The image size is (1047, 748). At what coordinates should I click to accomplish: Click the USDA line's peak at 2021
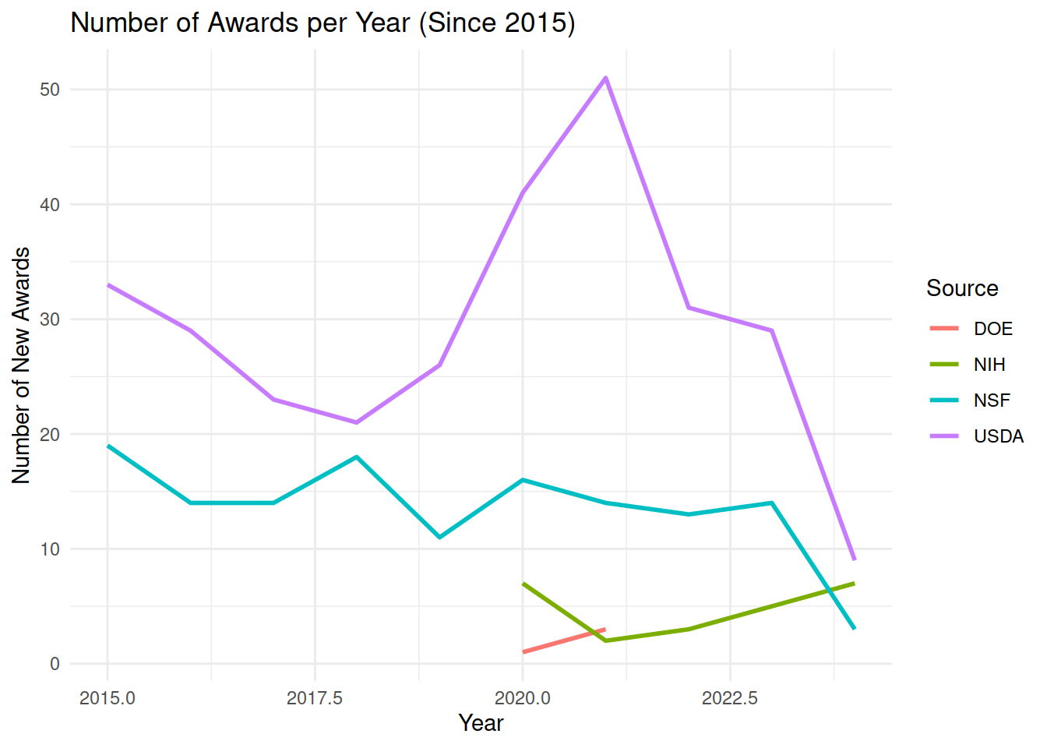pos(605,78)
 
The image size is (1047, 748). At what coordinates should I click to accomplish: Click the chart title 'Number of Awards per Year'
pos(323,23)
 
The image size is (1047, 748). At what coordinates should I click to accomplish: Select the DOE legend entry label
pos(992,329)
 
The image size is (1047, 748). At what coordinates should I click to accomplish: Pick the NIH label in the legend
pos(989,365)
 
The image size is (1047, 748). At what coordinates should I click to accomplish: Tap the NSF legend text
pos(991,400)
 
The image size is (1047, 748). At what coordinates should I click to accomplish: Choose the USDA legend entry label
pos(998,436)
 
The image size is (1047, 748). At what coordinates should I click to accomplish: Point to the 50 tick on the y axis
pos(50,90)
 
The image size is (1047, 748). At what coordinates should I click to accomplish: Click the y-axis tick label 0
pos(55,664)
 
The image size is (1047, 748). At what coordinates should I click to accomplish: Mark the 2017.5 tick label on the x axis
pos(315,698)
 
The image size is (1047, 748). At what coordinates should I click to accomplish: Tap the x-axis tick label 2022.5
pos(730,698)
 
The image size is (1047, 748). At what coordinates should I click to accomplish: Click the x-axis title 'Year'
pos(481,723)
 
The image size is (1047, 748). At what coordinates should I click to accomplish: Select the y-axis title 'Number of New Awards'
pos(22,365)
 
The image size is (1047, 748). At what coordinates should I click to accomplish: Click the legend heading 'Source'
pos(962,288)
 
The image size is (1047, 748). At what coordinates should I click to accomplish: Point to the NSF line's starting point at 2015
pos(108,446)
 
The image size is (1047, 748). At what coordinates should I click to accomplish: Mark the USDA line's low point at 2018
pos(357,422)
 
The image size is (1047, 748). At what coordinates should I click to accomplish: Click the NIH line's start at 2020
pos(523,583)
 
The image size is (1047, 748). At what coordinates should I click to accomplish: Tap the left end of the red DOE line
pos(523,651)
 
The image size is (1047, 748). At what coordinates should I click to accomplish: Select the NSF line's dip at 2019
pos(439,537)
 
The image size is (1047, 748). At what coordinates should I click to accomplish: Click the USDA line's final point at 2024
pos(855,559)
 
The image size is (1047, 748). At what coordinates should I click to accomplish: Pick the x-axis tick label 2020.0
pos(522,698)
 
